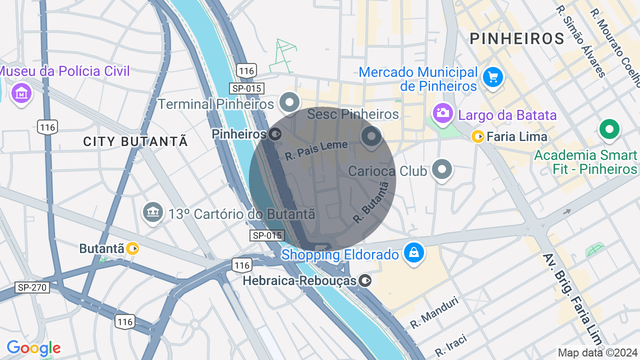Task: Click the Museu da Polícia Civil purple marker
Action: coord(21,93)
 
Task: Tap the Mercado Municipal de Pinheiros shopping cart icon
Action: coord(493,77)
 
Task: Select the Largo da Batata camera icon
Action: coord(442,113)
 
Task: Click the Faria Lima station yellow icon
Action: coord(478,136)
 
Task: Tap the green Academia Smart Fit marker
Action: coord(609,130)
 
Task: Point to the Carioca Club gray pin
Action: coord(442,169)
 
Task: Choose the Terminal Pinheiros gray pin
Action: coord(289,102)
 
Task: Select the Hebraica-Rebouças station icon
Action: coord(365,280)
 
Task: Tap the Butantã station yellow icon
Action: coord(132,248)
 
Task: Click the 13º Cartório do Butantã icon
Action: coord(153,213)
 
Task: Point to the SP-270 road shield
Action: coord(32,287)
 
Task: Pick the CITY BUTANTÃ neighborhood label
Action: coord(135,141)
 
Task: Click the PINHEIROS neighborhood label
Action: coord(517,38)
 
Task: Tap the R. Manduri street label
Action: coord(434,312)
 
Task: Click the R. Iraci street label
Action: coord(451,345)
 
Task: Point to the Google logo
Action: coord(33,348)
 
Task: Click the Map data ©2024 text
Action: coord(598,352)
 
